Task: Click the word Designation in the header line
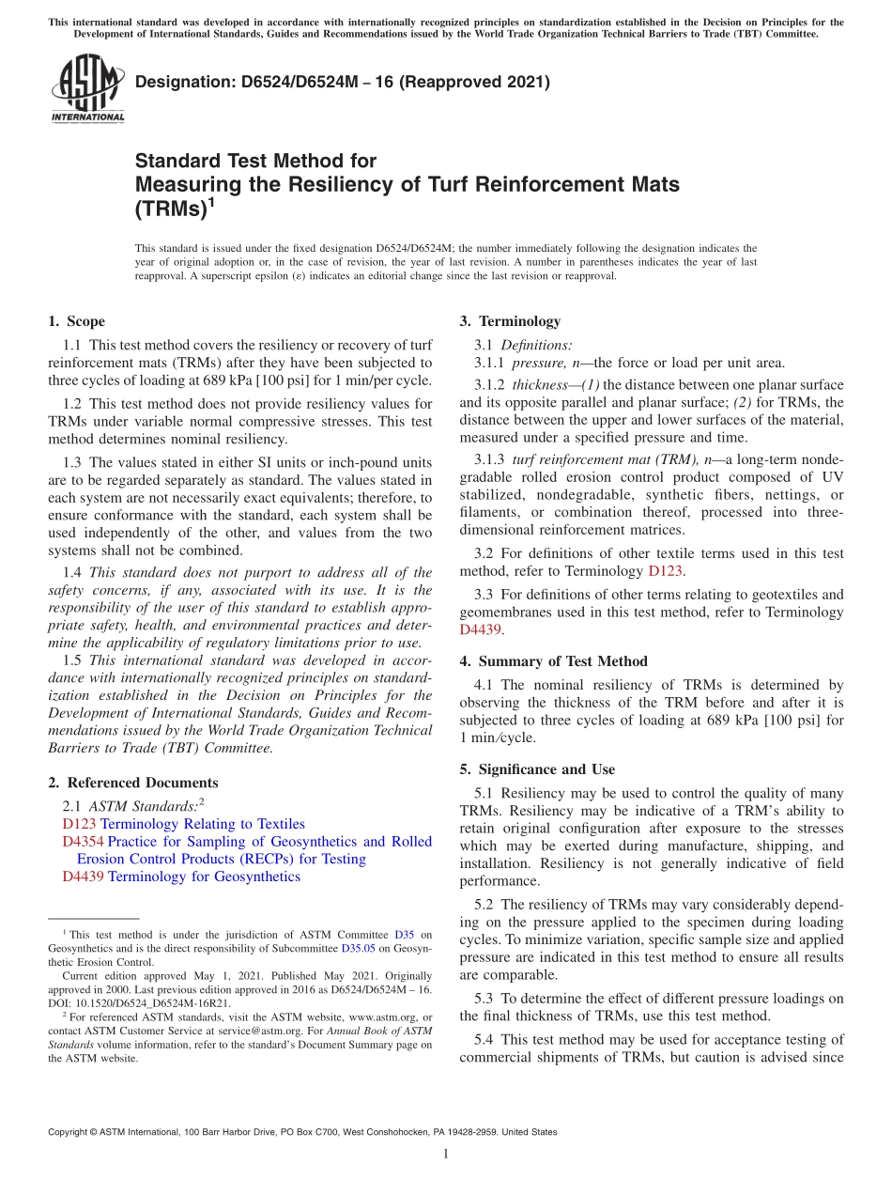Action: point(182,84)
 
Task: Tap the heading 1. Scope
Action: point(76,321)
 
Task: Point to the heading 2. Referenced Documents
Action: point(132,783)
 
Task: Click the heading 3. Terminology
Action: point(510,321)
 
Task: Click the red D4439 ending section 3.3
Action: point(481,630)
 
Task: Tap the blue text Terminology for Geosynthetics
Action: point(204,877)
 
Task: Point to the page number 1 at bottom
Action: point(446,1154)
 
